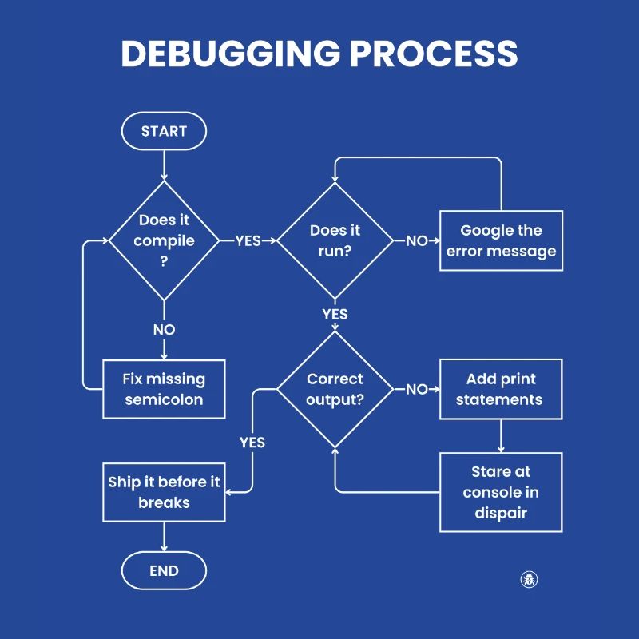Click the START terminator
pyautogui.click(x=164, y=131)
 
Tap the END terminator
pyautogui.click(x=164, y=571)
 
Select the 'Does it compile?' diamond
pyautogui.click(x=164, y=240)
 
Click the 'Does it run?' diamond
pyautogui.click(x=335, y=240)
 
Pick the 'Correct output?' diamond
pyautogui.click(x=335, y=389)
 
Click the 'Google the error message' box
pyautogui.click(x=501, y=240)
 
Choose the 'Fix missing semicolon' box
pyautogui.click(x=164, y=389)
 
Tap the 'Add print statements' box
pyautogui.click(x=501, y=389)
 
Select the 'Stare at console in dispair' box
pyautogui.click(x=501, y=492)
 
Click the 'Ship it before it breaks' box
pyautogui.click(x=164, y=492)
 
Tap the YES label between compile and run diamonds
pyautogui.click(x=248, y=240)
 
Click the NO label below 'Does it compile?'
pyautogui.click(x=164, y=329)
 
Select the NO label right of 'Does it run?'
pyautogui.click(x=416, y=240)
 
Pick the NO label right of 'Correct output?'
pyautogui.click(x=416, y=390)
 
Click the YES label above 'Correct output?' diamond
pyautogui.click(x=335, y=314)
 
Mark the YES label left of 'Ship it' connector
pyautogui.click(x=252, y=442)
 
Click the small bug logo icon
pyautogui.click(x=529, y=579)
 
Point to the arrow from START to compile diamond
pyautogui.click(x=164, y=165)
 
